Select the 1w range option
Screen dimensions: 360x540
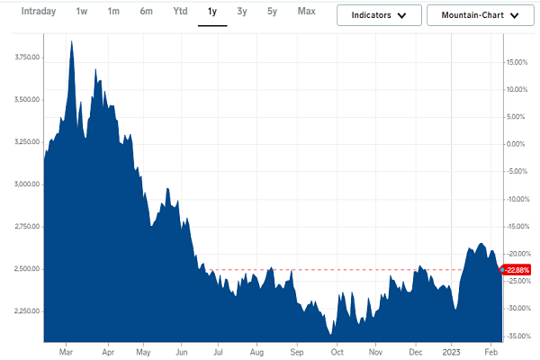tap(82, 12)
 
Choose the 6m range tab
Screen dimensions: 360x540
tap(146, 12)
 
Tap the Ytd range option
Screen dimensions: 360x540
tap(179, 12)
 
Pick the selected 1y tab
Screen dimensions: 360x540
tap(212, 12)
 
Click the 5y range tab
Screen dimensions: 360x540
tap(272, 12)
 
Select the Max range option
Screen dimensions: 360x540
tap(306, 12)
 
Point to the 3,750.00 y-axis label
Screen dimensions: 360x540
tap(22, 58)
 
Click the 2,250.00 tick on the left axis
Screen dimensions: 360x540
tap(22, 311)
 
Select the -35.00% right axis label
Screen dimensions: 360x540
tap(517, 336)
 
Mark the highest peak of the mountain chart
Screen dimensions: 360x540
tap(71, 41)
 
